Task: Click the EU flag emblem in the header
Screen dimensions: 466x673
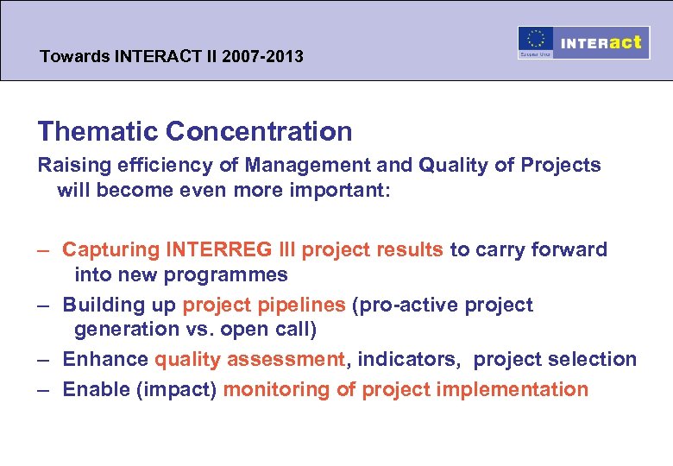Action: point(536,41)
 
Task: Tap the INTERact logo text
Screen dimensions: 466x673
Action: point(602,42)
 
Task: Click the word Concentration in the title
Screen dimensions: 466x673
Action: point(259,131)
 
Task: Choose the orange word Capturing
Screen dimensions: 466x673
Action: point(111,250)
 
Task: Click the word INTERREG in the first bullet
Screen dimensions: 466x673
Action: point(217,250)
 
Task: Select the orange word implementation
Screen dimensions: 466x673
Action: point(514,389)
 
